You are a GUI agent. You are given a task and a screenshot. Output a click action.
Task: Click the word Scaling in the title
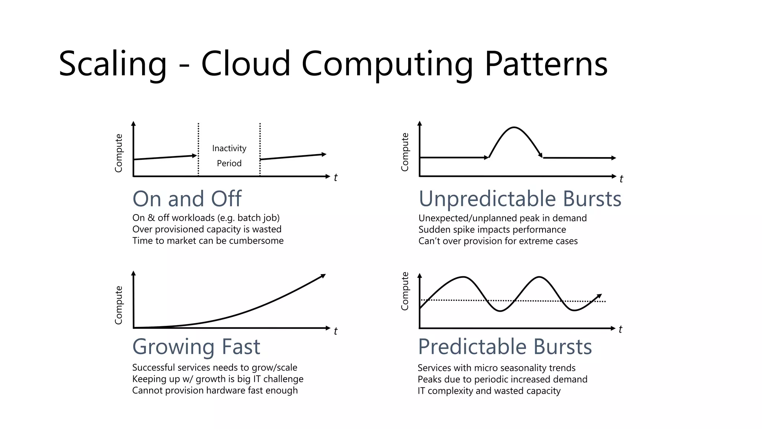pos(113,64)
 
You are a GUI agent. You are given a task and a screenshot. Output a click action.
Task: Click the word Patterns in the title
pos(546,64)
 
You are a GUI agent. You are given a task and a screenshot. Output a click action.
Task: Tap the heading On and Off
pos(187,198)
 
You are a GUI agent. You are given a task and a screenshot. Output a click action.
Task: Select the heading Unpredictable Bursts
pos(520,198)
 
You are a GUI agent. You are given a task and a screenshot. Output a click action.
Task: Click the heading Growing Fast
pos(196,347)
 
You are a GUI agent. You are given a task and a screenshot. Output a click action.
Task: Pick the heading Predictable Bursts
pos(505,347)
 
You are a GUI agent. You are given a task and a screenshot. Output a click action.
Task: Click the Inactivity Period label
pos(229,156)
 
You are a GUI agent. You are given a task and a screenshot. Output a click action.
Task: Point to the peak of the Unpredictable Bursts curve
pos(514,128)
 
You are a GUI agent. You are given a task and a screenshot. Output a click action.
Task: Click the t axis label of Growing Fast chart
pos(336,331)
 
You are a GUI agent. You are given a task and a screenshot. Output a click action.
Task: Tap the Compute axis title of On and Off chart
pos(118,153)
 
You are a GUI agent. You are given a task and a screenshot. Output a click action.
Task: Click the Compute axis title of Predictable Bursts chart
pos(405,291)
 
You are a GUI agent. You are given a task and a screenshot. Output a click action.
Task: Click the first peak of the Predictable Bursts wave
pos(463,277)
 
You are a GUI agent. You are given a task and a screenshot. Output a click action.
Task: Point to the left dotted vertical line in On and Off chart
pos(198,149)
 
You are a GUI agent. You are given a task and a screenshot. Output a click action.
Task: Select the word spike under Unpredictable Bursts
pos(462,230)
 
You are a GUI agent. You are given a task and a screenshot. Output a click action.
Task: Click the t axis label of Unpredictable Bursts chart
pos(621,179)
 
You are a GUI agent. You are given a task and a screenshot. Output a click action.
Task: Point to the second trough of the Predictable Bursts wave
pos(575,310)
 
